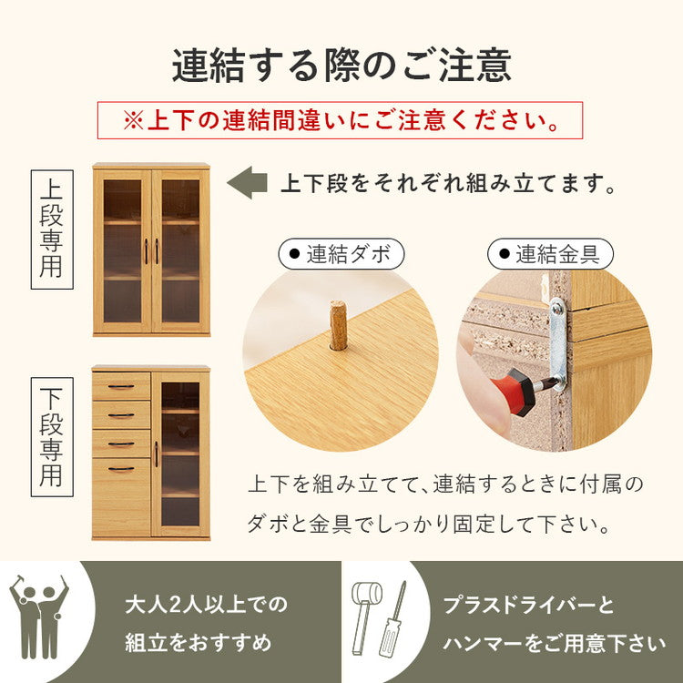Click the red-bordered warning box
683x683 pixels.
point(340,120)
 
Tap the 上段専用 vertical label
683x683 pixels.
point(52,229)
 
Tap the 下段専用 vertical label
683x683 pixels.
point(52,437)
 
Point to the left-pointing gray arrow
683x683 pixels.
point(246,183)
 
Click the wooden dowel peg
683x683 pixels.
point(338,326)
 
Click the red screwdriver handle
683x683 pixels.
point(522,392)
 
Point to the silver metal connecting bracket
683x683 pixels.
point(557,341)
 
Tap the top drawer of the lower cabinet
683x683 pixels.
point(121,386)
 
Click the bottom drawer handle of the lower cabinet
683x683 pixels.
point(121,469)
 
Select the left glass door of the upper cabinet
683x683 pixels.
point(122,250)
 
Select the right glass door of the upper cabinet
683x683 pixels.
point(179,250)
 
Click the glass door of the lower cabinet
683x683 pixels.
point(179,453)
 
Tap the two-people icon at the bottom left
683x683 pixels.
point(38,616)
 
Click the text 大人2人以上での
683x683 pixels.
point(206,605)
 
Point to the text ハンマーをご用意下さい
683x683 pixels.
point(554,644)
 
